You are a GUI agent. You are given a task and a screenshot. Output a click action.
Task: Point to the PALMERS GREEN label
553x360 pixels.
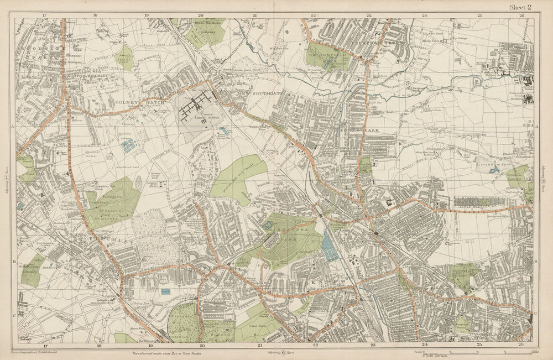tap(370, 40)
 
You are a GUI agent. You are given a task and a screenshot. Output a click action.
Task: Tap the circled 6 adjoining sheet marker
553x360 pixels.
tap(283, 352)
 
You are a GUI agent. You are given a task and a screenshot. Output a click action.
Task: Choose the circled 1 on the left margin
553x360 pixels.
tap(7, 178)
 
